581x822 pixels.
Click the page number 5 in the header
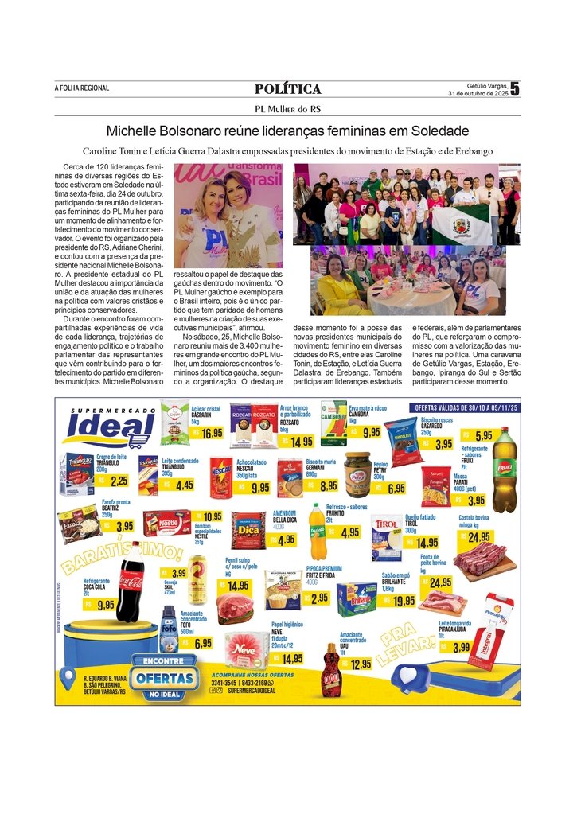click(x=514, y=89)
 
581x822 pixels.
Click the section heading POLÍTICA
click(x=288, y=89)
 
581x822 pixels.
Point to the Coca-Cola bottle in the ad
click(x=130, y=582)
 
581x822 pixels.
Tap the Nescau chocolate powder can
click(x=220, y=477)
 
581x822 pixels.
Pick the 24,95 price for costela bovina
click(x=478, y=537)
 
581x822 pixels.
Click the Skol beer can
click(x=197, y=579)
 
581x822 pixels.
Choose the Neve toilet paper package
click(x=247, y=649)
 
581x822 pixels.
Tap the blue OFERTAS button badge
click(x=163, y=678)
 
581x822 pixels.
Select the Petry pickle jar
click(x=357, y=475)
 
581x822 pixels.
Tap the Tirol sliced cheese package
click(x=387, y=538)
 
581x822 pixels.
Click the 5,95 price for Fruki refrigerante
click(x=482, y=435)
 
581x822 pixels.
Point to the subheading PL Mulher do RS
click(x=288, y=109)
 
